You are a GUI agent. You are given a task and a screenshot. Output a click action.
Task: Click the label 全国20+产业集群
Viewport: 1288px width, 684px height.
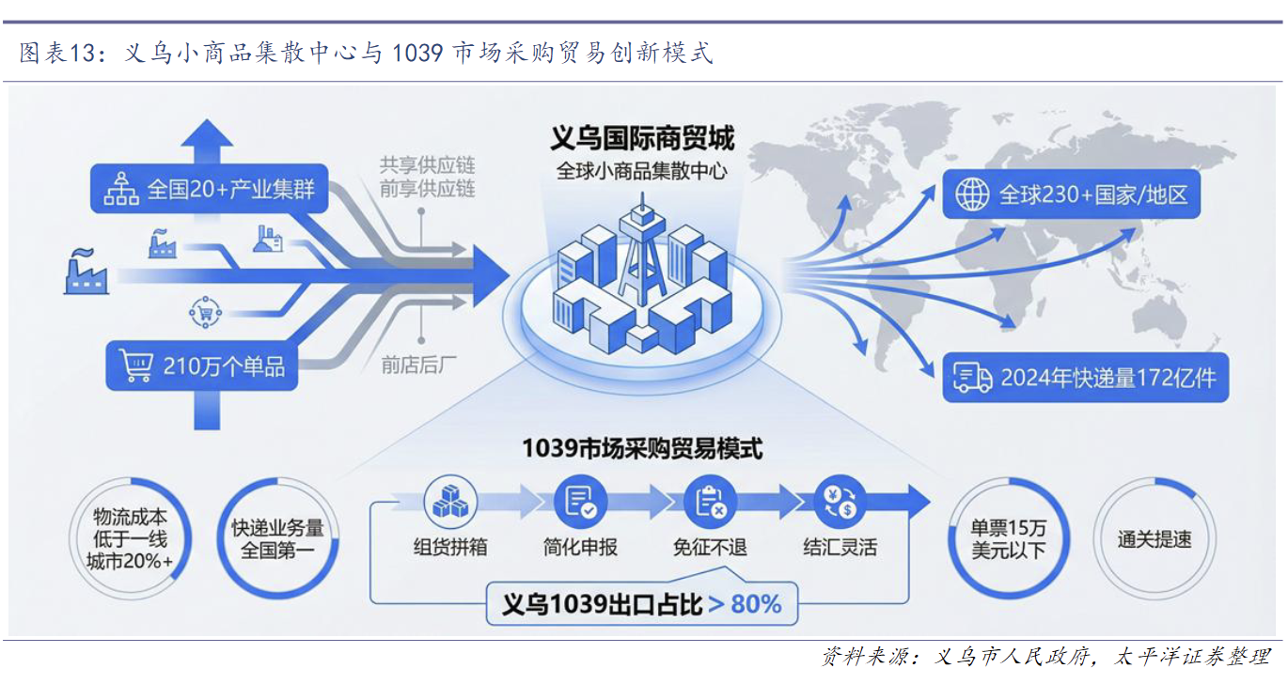coord(230,190)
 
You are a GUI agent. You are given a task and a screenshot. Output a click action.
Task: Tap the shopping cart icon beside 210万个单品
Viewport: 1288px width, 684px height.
coord(136,365)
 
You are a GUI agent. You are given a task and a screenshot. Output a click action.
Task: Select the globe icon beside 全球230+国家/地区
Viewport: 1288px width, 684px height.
coord(972,194)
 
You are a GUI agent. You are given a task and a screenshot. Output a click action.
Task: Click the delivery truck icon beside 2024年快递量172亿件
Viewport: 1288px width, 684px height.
coord(972,378)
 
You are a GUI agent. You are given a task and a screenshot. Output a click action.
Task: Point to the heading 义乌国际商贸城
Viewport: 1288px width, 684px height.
coord(642,139)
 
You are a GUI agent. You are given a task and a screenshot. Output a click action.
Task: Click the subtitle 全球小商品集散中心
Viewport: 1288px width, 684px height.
coord(642,171)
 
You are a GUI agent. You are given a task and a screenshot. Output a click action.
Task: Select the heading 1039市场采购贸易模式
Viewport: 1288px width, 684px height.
coord(642,448)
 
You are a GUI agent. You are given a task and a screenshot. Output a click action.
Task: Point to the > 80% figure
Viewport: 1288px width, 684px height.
coord(745,603)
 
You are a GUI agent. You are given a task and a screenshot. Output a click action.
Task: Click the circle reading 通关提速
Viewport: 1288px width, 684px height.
coord(1154,539)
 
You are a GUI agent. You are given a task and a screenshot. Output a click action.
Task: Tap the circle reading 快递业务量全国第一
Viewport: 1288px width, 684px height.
coord(277,539)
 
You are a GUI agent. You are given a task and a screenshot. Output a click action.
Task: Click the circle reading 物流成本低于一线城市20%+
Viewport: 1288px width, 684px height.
coord(131,539)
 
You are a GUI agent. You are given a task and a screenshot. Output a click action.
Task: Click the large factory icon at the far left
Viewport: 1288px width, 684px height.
coord(86,271)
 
